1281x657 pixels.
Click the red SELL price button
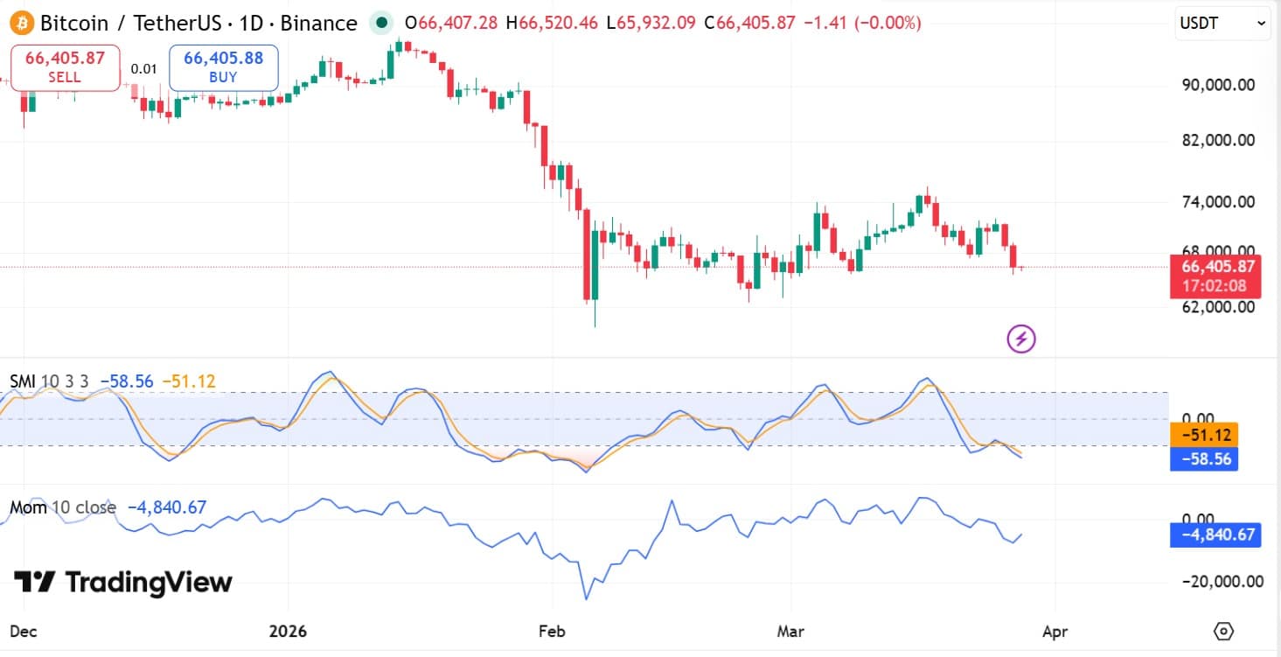click(x=65, y=67)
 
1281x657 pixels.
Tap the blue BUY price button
click(x=223, y=67)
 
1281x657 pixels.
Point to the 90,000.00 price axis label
click(x=1217, y=85)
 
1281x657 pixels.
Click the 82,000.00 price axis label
click(x=1217, y=140)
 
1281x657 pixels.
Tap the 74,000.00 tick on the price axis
click(x=1217, y=202)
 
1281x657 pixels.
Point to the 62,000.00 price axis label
click(x=1217, y=307)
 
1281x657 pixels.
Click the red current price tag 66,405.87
click(x=1216, y=267)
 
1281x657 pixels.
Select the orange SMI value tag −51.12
click(x=1203, y=435)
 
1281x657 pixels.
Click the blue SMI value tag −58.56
click(x=1203, y=458)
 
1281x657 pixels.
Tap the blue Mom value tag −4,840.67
click(x=1215, y=535)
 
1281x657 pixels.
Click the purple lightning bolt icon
click(x=1021, y=339)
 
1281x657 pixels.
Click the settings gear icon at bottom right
click(x=1223, y=631)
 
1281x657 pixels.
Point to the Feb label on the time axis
click(x=552, y=632)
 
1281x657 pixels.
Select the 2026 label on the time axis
click(x=289, y=632)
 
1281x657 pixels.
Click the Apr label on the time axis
click(x=1055, y=632)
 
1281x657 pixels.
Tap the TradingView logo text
click(x=123, y=582)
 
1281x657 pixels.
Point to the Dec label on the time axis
click(x=24, y=632)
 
